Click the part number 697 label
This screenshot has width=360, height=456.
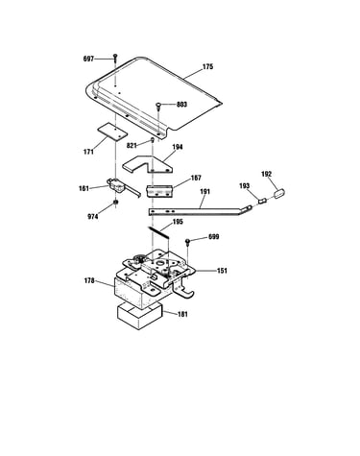coord(88,59)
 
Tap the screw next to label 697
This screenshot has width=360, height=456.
coord(115,59)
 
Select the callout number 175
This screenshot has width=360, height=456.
coord(207,67)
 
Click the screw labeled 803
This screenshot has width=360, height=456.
coord(158,106)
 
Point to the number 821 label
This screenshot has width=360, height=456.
coord(132,146)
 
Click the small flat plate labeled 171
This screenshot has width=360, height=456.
coord(112,132)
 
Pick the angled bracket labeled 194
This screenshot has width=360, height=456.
coord(147,164)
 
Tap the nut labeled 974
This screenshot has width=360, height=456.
coord(116,203)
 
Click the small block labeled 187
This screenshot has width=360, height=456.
coord(159,191)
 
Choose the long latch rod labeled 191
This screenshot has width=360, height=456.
coord(200,211)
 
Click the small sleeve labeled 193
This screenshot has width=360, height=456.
coord(263,201)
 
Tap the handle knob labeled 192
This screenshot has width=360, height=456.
coord(279,193)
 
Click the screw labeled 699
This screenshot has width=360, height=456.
coord(188,241)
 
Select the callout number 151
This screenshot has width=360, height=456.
coord(222,271)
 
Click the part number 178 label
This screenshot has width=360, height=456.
coord(89,280)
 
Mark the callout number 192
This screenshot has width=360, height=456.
coord(266,174)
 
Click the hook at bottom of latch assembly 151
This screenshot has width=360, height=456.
coord(185,291)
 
